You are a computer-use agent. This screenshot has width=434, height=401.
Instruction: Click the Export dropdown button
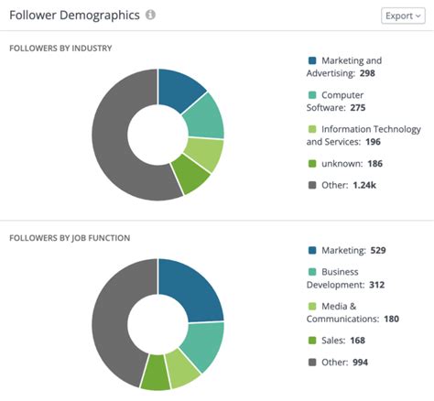click(x=403, y=16)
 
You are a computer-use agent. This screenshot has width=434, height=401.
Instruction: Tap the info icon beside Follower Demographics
click(x=150, y=16)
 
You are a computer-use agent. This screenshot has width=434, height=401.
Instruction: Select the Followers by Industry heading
click(x=67, y=48)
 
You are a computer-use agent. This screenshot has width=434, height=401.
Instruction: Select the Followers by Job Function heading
click(x=70, y=238)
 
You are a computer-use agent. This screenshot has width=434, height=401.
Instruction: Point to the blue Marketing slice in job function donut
click(x=195, y=288)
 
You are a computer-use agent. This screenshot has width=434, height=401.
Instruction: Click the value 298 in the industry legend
click(x=366, y=72)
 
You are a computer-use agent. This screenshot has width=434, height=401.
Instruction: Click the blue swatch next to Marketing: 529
click(x=312, y=250)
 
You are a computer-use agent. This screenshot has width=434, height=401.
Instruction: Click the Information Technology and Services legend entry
click(x=363, y=135)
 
